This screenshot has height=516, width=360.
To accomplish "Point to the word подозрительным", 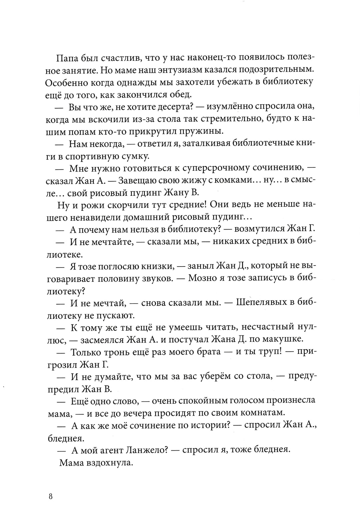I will click(x=276, y=70).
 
